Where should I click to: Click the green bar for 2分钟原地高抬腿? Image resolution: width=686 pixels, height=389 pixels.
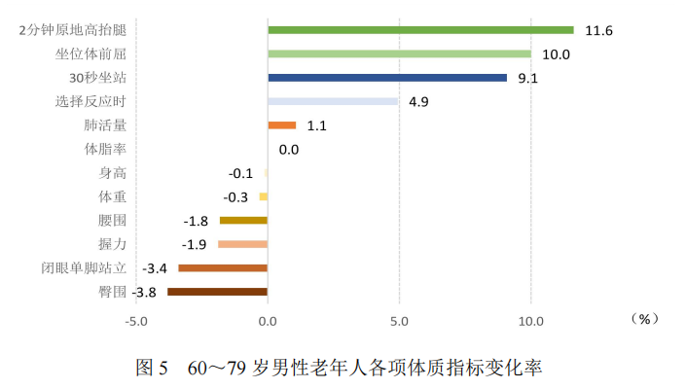point(420,30)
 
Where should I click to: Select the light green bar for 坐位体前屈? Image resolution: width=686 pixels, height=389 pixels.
point(399,53)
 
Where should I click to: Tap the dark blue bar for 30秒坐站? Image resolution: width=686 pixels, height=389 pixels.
point(387,78)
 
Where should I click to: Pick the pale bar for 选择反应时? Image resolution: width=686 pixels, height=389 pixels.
point(333,101)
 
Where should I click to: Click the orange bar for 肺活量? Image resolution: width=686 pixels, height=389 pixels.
point(282,125)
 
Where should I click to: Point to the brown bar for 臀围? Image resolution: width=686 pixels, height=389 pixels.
point(217,292)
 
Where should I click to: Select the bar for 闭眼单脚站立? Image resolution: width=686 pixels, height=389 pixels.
point(223,268)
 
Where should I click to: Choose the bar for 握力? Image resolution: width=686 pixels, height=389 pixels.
point(242,244)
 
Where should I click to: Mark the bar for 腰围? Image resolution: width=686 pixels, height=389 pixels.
point(243,221)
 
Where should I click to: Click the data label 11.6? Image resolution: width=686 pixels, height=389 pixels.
point(598,31)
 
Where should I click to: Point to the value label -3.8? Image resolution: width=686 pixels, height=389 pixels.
point(145,292)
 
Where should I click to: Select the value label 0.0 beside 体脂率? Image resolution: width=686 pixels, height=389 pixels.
point(288,150)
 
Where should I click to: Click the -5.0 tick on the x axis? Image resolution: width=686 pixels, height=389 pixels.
point(136,321)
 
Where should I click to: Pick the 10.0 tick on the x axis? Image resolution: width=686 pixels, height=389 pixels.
point(529,321)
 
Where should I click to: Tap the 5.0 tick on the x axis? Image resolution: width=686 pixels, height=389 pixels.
point(399,321)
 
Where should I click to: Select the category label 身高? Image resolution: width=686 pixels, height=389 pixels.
point(113,173)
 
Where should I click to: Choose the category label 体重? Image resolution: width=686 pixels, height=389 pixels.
point(113,196)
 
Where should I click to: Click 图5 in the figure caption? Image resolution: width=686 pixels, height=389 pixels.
point(153,369)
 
